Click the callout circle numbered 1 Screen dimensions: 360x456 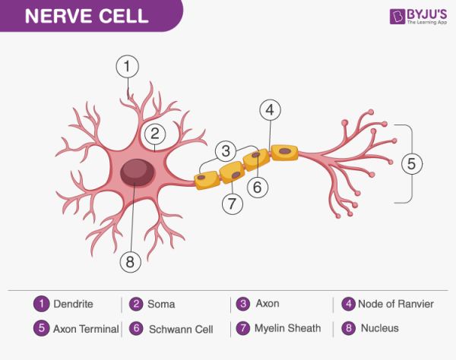(128, 67)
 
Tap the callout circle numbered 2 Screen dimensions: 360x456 (154, 134)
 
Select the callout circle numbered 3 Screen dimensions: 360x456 (225, 150)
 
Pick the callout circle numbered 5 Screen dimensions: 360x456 (411, 163)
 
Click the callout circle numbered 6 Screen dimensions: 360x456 (258, 185)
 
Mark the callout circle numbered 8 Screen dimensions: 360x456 (131, 262)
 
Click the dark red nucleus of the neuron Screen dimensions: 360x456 (136, 172)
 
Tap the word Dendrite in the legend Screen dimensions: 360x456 (73, 304)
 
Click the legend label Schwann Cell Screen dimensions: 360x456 (180, 330)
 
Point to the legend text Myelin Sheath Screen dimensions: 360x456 (289, 329)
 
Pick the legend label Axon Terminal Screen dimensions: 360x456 (86, 330)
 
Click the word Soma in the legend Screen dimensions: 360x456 (162, 304)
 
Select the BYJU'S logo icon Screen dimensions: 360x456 (397, 16)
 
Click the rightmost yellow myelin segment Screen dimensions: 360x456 (285, 152)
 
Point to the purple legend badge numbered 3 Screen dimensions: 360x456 (243, 304)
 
